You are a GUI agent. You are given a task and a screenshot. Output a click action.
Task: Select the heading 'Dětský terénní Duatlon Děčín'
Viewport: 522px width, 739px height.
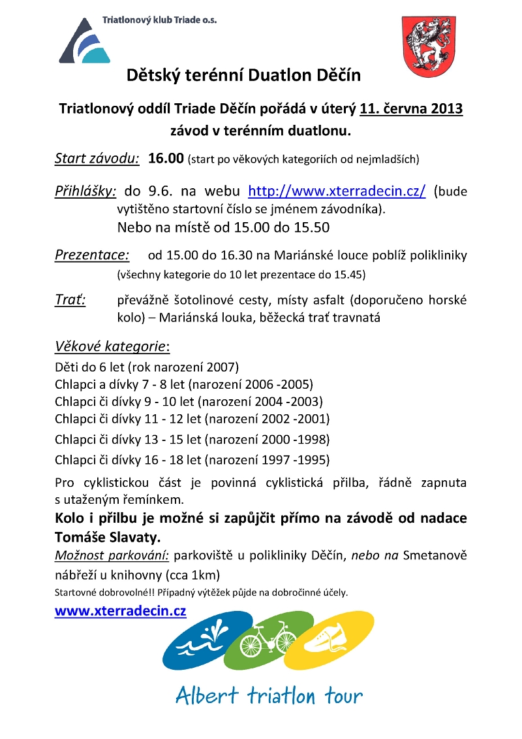pos(243,75)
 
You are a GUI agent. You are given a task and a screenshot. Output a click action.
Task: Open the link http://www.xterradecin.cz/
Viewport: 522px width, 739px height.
pos(337,191)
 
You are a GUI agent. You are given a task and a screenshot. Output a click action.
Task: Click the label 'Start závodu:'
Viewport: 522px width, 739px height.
pos(97,158)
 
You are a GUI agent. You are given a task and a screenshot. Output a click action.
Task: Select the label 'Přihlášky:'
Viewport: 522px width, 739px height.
pos(85,191)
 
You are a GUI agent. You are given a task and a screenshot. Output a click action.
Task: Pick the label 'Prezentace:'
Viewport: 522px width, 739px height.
pos(92,254)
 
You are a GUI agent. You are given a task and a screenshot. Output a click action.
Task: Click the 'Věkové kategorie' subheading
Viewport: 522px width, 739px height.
pos(112,346)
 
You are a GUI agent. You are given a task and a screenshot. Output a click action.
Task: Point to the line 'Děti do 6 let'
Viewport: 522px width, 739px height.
pos(147,366)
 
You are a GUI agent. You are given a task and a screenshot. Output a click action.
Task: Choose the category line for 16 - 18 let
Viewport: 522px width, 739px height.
pos(192,459)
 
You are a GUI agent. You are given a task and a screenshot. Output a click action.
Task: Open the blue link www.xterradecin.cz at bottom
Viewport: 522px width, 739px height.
pos(121,611)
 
